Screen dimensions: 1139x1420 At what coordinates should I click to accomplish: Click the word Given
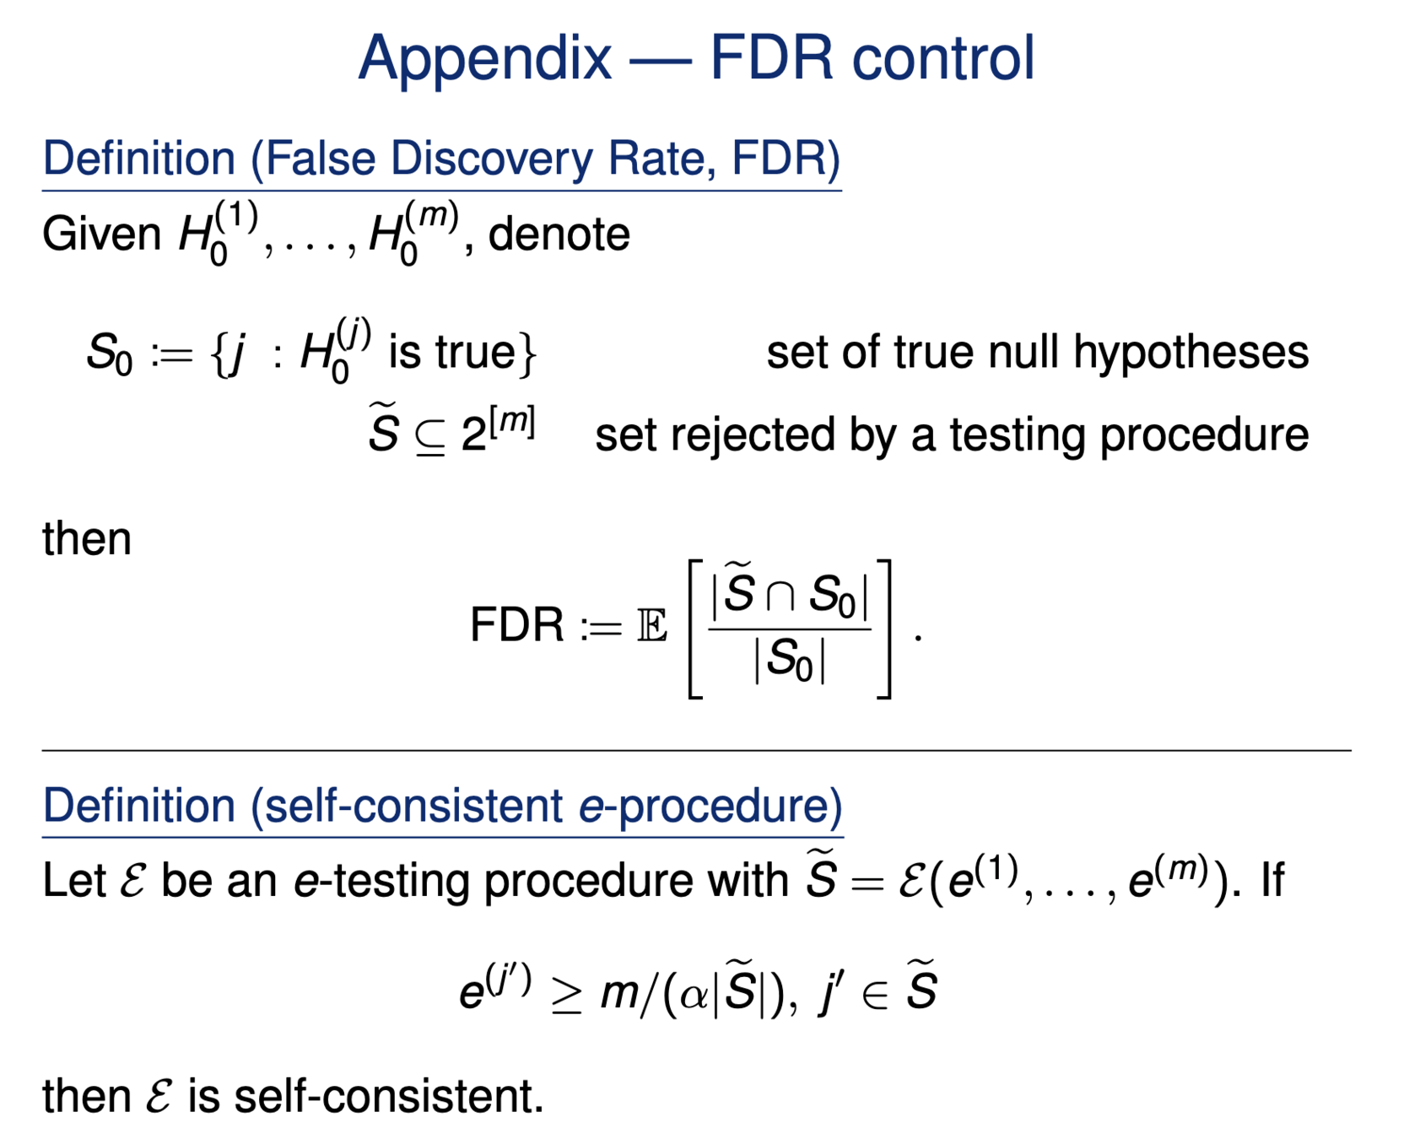pos(101,234)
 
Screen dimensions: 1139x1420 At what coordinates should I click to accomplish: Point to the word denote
pos(559,234)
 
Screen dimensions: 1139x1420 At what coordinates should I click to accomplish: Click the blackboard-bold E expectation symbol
pos(652,627)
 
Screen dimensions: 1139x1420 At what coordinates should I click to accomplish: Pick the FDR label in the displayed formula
pos(516,626)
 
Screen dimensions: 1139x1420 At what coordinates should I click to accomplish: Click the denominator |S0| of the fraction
pos(789,660)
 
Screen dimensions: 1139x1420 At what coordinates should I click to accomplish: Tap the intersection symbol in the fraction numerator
pos(780,596)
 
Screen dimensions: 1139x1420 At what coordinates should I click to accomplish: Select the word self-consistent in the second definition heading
pos(413,806)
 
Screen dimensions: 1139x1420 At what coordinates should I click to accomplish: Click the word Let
pos(74,881)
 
